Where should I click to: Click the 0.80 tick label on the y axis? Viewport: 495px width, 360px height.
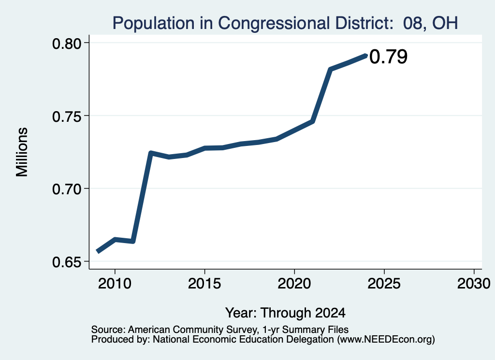(66, 44)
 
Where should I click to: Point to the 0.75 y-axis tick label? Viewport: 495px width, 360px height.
(66, 117)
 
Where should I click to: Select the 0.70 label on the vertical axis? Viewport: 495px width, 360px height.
(66, 189)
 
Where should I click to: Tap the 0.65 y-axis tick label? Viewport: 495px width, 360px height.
(66, 262)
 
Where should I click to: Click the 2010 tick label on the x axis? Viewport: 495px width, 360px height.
(115, 284)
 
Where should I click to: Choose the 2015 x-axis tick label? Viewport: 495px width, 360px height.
(204, 284)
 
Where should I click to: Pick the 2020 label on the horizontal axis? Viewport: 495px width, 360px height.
(294, 284)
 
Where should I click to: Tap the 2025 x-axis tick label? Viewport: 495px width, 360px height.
(384, 284)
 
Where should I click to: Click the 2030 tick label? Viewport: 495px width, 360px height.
(474, 284)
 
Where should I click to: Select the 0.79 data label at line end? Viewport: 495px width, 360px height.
(388, 57)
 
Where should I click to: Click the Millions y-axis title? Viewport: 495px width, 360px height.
(22, 152)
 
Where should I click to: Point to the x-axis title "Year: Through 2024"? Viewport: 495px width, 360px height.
(285, 313)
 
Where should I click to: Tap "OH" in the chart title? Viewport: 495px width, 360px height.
(445, 23)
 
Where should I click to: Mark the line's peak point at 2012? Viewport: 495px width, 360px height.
(151, 153)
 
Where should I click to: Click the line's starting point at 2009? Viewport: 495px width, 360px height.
(98, 251)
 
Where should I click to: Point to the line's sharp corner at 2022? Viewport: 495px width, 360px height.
(330, 69)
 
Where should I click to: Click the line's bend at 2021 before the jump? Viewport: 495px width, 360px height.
(313, 121)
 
